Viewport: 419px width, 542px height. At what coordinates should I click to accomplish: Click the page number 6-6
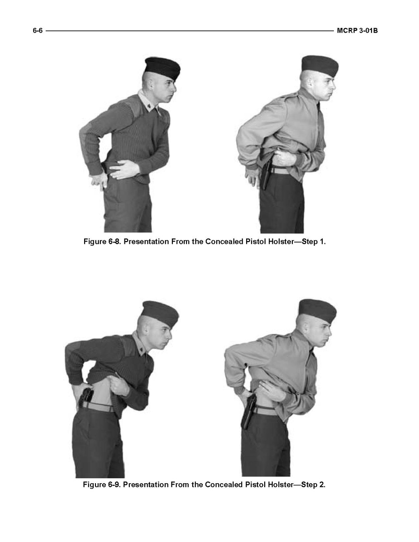(38, 30)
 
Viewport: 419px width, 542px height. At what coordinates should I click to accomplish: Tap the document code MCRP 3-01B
(357, 30)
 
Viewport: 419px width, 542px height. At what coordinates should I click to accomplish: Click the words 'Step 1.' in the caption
(314, 241)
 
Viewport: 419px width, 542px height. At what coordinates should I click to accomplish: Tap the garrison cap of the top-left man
(162, 68)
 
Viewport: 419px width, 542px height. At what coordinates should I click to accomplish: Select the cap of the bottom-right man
(317, 310)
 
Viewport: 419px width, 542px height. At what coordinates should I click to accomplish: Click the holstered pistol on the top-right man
(266, 175)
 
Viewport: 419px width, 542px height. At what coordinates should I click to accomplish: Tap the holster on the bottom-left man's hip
(86, 398)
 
